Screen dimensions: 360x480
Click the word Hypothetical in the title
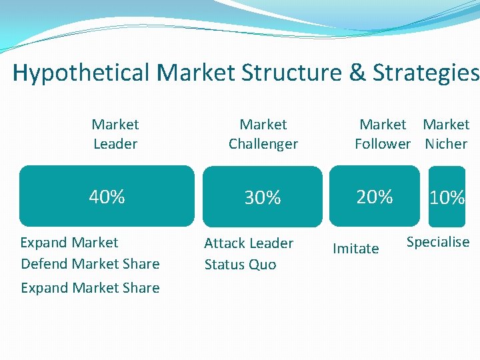coord(81,73)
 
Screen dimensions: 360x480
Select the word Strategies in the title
coord(427,73)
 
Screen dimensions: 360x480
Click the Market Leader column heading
coord(115,134)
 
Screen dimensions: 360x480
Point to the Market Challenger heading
coord(263,134)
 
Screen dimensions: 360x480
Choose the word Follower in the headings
coord(383,143)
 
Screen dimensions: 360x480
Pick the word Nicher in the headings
coord(447,143)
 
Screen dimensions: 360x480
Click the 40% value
coord(107,197)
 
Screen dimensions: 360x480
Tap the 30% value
coord(263,198)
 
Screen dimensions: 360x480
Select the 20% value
coord(375,197)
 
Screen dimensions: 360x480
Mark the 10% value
coord(447,198)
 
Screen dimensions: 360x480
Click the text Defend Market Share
coord(90,264)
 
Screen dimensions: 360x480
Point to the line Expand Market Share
coord(90,288)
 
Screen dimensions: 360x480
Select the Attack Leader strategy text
coord(249,243)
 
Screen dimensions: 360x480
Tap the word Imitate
coord(355,249)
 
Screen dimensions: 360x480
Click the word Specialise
coord(438,242)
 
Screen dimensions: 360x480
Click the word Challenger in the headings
coord(263,143)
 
